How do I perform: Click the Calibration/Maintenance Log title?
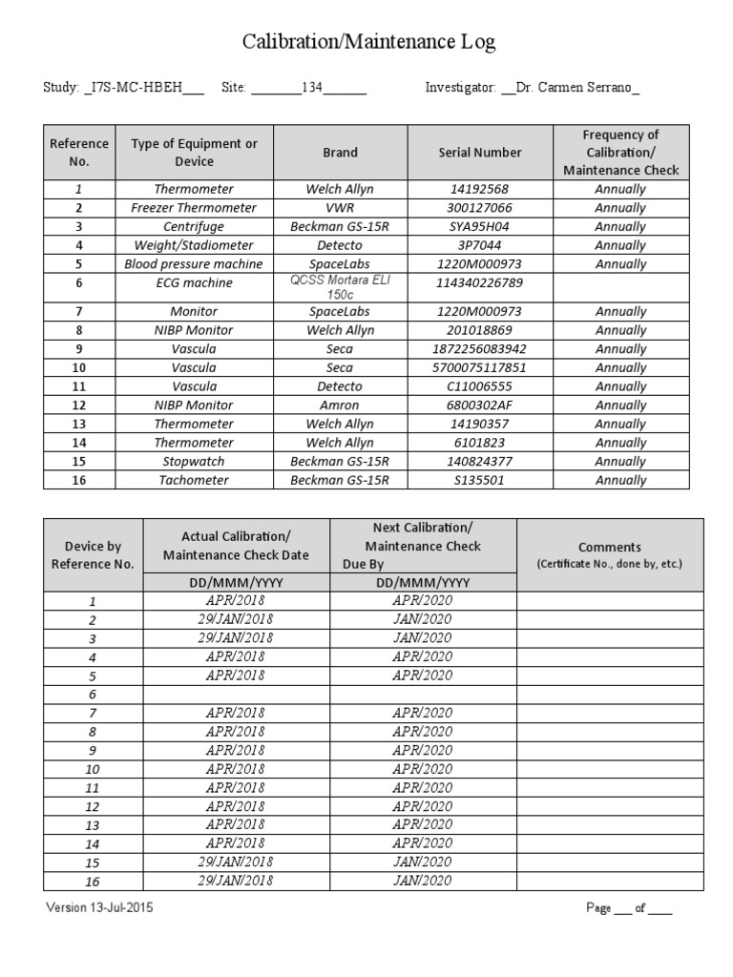(x=367, y=42)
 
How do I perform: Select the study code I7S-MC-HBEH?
(x=143, y=88)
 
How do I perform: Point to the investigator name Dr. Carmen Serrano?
(x=576, y=88)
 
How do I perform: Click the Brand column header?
(x=340, y=153)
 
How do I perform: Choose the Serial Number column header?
(x=480, y=153)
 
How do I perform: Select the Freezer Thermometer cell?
(x=194, y=208)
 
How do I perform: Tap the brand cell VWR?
(x=340, y=208)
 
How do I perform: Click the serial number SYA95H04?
(x=480, y=226)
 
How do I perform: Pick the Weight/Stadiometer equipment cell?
(x=194, y=245)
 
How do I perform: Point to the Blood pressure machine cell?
(x=194, y=264)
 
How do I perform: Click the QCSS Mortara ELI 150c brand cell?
(x=340, y=287)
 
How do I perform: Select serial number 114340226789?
(x=480, y=283)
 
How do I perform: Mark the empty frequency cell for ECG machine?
(x=620, y=287)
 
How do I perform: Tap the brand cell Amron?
(x=340, y=405)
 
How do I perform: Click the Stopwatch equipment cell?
(x=194, y=462)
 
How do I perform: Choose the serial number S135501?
(x=480, y=480)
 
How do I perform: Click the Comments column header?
(x=610, y=554)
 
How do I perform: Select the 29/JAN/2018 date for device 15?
(x=236, y=863)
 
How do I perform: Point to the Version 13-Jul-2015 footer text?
(x=99, y=908)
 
